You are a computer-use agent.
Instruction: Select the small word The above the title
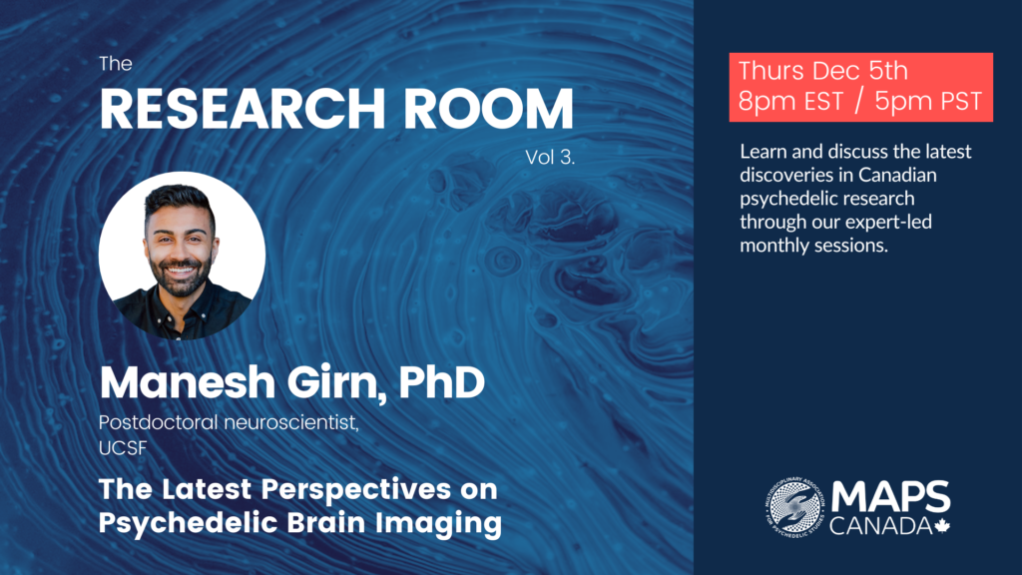[x=116, y=64]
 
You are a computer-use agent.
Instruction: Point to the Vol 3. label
[x=550, y=157]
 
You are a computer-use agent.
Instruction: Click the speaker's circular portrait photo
[x=182, y=256]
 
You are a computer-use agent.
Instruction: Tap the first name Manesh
[x=188, y=382]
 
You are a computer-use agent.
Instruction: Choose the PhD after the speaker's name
[x=441, y=382]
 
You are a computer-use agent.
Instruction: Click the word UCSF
[x=123, y=448]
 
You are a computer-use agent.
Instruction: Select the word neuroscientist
[x=291, y=423]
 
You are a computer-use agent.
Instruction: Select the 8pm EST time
[x=790, y=101]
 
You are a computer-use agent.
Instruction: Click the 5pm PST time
[x=928, y=101]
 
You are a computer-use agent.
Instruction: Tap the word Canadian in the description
[x=897, y=175]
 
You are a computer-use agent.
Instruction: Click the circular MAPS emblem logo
[x=795, y=507]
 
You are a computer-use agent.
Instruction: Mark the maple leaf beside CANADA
[x=942, y=526]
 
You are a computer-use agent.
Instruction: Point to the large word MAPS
[x=890, y=497]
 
